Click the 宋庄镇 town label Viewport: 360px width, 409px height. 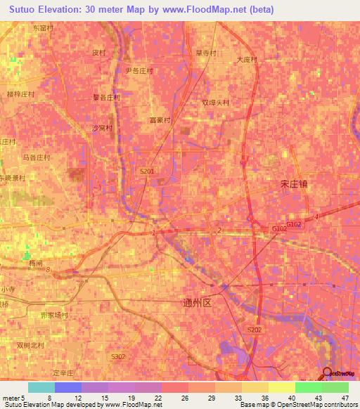coord(294,183)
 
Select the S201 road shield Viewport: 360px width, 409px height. coord(146,171)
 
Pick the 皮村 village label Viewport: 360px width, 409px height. coord(99,53)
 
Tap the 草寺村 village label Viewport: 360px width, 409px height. coord(207,53)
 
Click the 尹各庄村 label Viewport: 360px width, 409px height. coord(139,71)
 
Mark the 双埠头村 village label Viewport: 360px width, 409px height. coord(216,102)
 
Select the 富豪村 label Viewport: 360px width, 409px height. coord(161,119)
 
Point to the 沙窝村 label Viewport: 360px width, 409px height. coord(103,128)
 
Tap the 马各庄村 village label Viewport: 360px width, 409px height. coord(37,158)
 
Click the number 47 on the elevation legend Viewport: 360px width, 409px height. coord(345,397)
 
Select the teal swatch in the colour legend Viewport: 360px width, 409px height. coord(41,387)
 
